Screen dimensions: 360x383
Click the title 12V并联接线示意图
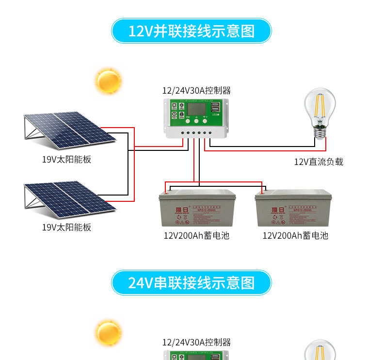(191, 31)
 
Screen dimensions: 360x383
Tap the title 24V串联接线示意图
(191, 282)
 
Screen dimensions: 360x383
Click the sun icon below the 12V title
(109, 81)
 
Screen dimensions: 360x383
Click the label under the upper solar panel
(66, 159)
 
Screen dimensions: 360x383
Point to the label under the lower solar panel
(66, 227)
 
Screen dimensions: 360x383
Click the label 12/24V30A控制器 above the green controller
(196, 90)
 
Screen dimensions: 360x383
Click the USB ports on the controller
(215, 107)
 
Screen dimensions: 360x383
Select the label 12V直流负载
(319, 162)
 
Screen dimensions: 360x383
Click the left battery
(197, 209)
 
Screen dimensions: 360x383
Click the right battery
(293, 209)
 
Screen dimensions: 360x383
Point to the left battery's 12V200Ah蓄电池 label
(196, 236)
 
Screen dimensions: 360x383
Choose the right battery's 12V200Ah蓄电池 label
(295, 236)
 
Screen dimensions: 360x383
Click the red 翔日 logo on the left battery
(180, 210)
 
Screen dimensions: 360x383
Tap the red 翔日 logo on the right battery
(277, 210)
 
